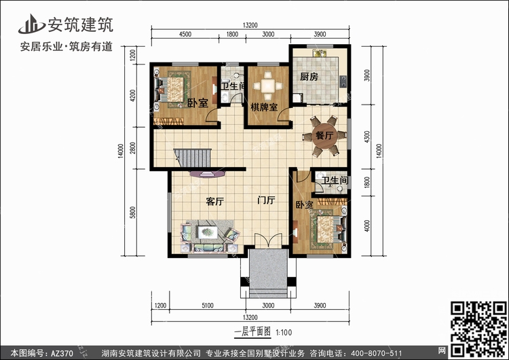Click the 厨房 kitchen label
pyautogui.click(x=309, y=77)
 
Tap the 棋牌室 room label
pyautogui.click(x=264, y=107)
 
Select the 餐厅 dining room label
pyautogui.click(x=324, y=135)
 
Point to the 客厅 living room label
pyautogui.click(x=215, y=202)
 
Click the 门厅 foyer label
pyautogui.click(x=266, y=200)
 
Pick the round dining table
pyautogui.click(x=324, y=135)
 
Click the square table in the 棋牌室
pyautogui.click(x=268, y=86)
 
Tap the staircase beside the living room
pyautogui.click(x=193, y=158)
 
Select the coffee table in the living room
pyautogui.click(x=208, y=232)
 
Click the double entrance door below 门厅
pyautogui.click(x=268, y=241)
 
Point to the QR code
pyautogui.click(x=478, y=329)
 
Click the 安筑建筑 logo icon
pyautogui.click(x=31, y=24)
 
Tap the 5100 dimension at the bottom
pyautogui.click(x=208, y=306)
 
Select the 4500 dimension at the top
pyautogui.click(x=185, y=34)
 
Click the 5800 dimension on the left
pyautogui.click(x=132, y=212)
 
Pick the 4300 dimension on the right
pyautogui.click(x=366, y=137)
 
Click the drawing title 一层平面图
pyautogui.click(x=252, y=331)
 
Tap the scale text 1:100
pyautogui.click(x=284, y=333)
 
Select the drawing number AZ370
pyautogui.click(x=62, y=353)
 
